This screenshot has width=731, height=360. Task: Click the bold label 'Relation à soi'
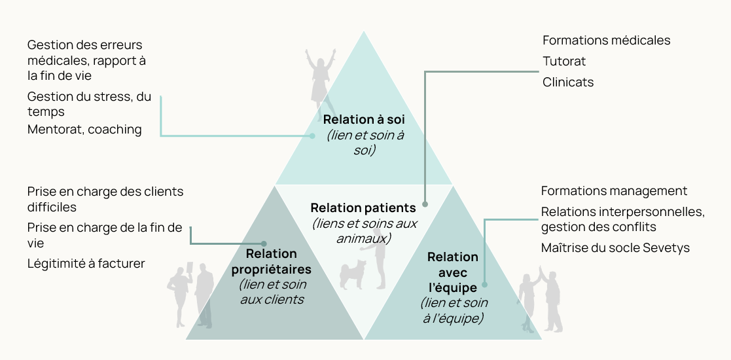(x=364, y=120)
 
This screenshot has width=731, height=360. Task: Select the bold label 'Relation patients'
(x=363, y=208)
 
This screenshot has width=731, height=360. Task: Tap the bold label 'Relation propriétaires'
(x=272, y=261)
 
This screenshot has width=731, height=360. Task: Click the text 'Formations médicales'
(x=606, y=41)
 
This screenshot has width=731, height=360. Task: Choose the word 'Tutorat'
(x=563, y=62)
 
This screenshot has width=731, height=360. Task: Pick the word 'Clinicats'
(x=568, y=82)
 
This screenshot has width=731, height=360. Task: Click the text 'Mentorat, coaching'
(x=84, y=130)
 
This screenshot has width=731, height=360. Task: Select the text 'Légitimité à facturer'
(x=86, y=264)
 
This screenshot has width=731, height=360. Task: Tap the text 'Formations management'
(x=614, y=191)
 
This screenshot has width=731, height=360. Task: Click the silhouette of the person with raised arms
(x=320, y=75)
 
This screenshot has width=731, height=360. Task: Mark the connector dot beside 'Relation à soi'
(x=313, y=136)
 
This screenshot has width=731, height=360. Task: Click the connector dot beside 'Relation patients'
(x=425, y=204)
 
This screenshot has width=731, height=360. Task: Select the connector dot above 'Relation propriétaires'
(x=264, y=243)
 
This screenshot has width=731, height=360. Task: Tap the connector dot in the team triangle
(x=485, y=285)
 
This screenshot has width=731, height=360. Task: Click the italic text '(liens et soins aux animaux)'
(x=364, y=230)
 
